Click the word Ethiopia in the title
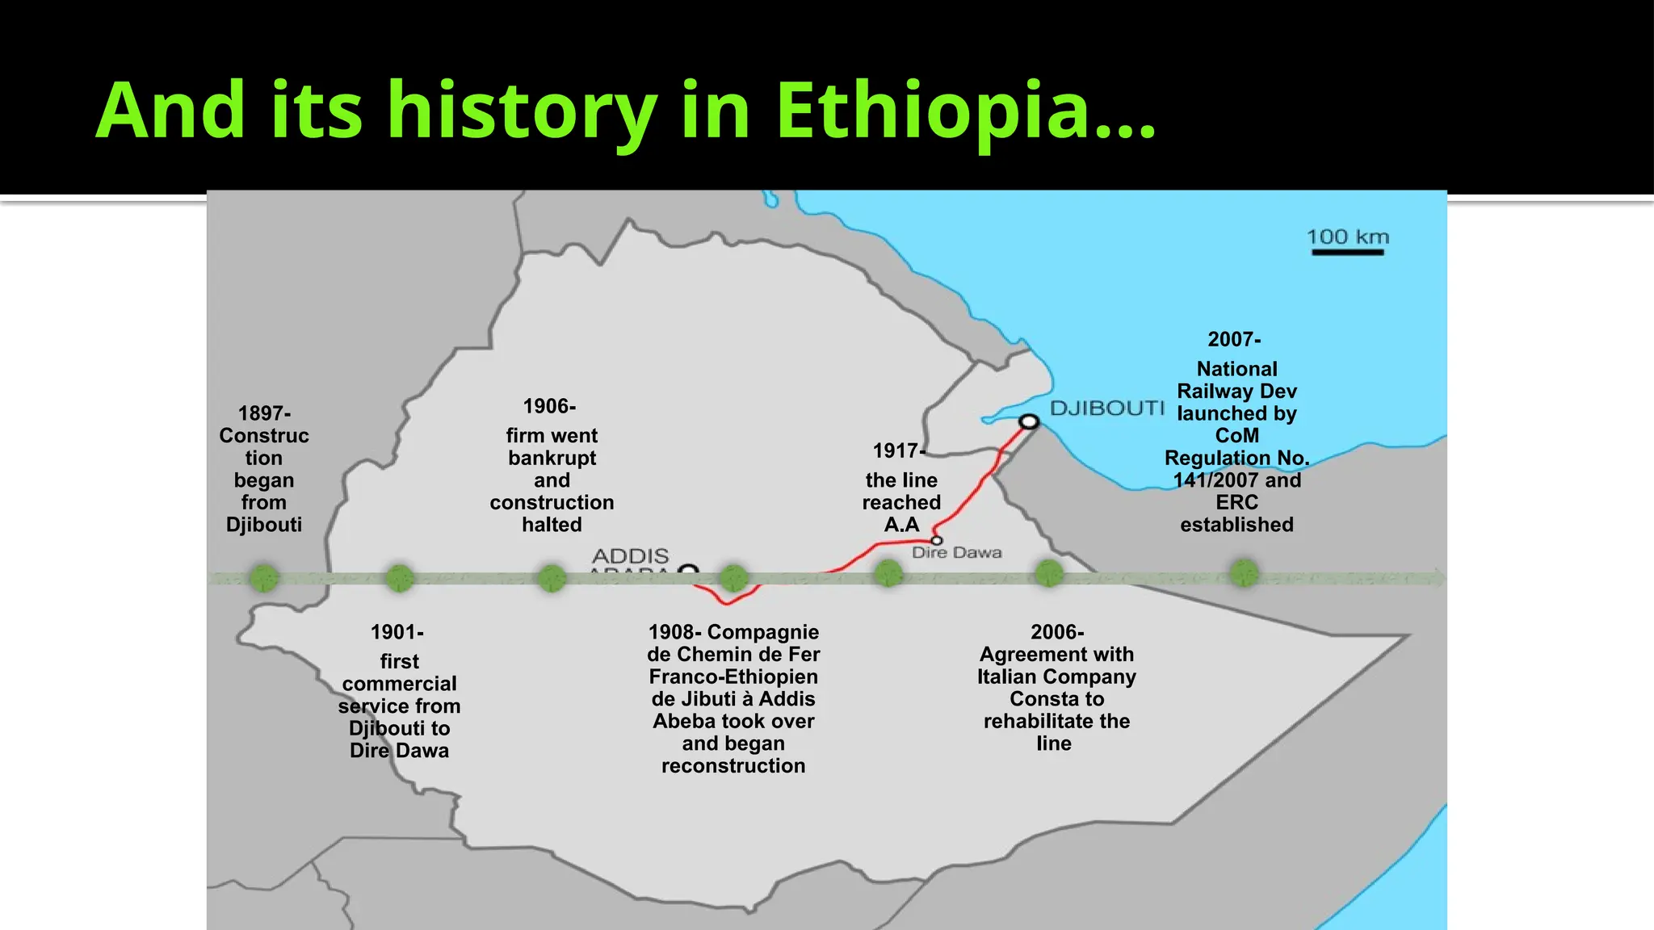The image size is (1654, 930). [x=966, y=111]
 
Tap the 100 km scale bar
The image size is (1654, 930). [x=1347, y=252]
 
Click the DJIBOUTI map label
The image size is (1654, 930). [x=1106, y=408]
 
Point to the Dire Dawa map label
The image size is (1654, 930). [x=956, y=553]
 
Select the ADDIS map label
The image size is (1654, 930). [x=630, y=556]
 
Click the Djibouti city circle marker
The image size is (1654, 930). [x=1028, y=421]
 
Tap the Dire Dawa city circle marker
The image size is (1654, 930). [x=936, y=540]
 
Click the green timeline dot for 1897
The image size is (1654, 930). [x=264, y=578]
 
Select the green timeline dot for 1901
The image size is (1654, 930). [x=400, y=578]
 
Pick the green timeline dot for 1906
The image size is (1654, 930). [x=552, y=578]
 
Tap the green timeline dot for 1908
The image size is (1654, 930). [x=733, y=578]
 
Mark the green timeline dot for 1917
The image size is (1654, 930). [x=888, y=575]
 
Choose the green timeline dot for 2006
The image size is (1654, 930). [x=1049, y=574]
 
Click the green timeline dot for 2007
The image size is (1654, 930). [x=1244, y=573]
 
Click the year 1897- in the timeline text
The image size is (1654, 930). [x=264, y=413]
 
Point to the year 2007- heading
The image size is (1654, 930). [x=1234, y=340]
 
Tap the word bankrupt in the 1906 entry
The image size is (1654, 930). [x=552, y=459]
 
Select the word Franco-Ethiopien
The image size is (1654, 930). [x=733, y=677]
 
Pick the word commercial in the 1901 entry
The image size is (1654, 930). [x=400, y=684]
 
